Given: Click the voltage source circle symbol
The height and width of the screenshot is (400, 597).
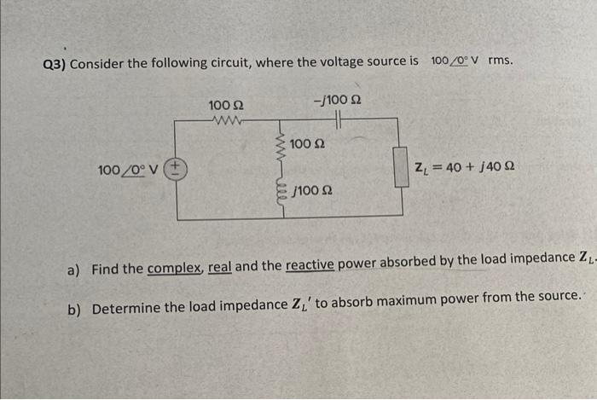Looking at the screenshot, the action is click(x=177, y=168).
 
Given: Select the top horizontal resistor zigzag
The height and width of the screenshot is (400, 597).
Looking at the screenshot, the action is click(x=226, y=121).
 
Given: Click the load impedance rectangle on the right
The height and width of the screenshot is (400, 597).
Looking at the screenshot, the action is click(x=398, y=167).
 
